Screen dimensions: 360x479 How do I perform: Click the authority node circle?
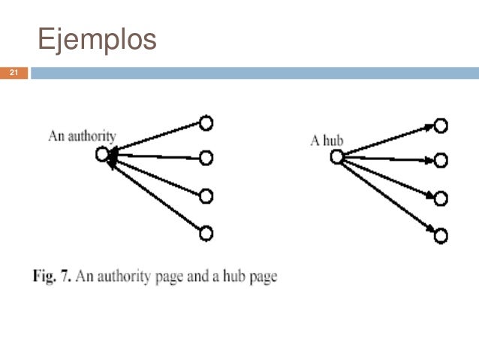(103, 155)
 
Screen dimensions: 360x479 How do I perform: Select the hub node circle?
(337, 156)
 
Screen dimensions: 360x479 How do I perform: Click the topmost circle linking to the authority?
(206, 123)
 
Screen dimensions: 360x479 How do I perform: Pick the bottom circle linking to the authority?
(206, 233)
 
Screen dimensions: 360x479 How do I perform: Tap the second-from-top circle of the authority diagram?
(206, 158)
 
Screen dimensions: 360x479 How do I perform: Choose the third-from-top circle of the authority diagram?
(206, 197)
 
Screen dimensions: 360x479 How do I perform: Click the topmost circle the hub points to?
(441, 126)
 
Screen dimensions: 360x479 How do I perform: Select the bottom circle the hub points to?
(441, 236)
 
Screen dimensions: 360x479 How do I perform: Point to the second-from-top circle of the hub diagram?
(441, 160)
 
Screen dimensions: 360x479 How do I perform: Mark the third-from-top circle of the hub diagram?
(441, 199)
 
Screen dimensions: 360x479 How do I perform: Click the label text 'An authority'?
(82, 136)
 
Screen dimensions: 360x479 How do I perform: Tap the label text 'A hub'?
(327, 141)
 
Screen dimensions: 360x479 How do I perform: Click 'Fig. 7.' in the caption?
(51, 277)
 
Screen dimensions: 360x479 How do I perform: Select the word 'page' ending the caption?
(262, 277)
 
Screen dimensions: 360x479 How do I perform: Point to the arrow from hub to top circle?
(387, 141)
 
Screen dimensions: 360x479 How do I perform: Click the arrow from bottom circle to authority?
(154, 194)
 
